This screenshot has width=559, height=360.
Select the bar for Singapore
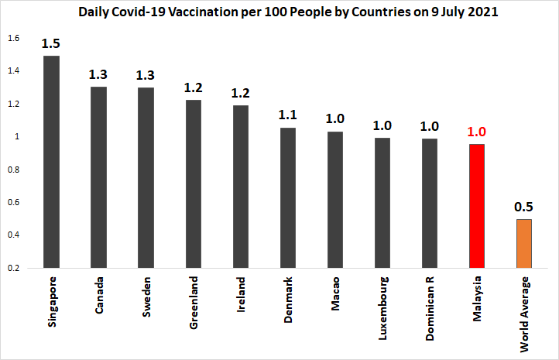pyautogui.click(x=52, y=163)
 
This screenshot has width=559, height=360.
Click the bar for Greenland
pyautogui.click(x=194, y=184)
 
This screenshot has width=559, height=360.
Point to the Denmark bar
pyautogui.click(x=289, y=197)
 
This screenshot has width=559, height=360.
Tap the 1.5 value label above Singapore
pyautogui.click(x=52, y=43)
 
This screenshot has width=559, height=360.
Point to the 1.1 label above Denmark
pyautogui.click(x=289, y=115)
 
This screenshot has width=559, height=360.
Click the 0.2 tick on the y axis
pyautogui.click(x=13, y=268)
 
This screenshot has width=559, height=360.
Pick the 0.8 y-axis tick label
pyautogui.click(x=13, y=170)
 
